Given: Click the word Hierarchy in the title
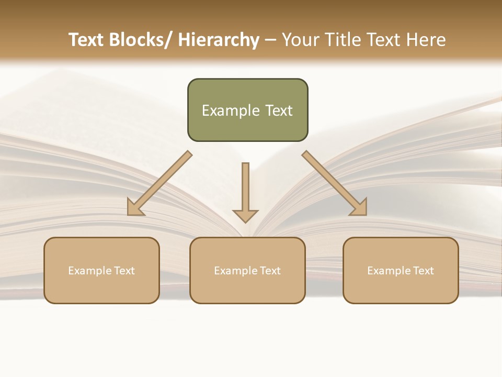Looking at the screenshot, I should point(219,40).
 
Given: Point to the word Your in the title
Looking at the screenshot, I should point(300,40).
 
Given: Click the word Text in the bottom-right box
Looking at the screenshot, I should point(423,271).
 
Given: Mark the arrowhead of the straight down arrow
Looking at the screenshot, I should point(245,215).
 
